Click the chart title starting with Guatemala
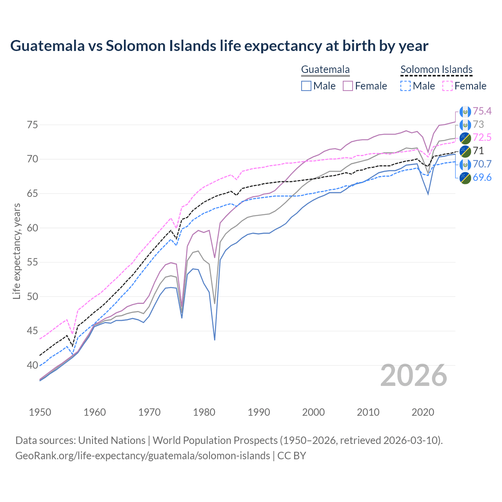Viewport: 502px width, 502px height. pos(219,46)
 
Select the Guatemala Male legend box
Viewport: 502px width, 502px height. pos(306,86)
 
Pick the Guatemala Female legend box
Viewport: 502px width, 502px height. pos(348,86)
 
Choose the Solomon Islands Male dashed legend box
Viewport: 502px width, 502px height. pos(406,86)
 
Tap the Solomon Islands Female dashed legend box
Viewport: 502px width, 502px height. pos(447,86)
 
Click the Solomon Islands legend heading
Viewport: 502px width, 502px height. pos(436,69)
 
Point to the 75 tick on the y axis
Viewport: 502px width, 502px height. pos(32,125)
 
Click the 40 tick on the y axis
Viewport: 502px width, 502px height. pos(32,365)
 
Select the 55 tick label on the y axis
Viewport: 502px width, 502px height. pos(32,262)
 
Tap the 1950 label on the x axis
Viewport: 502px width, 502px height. pos(40,412)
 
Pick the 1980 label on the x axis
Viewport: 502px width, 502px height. pos(204,412)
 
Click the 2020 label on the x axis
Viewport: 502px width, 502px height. pos(422,412)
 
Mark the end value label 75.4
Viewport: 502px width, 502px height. pos(482,111)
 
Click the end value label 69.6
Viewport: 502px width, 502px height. pos(482,178)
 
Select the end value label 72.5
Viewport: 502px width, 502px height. pos(482,137)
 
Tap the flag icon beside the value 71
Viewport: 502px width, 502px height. pos(465,151)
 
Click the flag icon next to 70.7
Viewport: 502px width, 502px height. pos(465,164)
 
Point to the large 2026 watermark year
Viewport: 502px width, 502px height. pos(413,375)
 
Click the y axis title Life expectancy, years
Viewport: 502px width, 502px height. pos(16,251)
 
